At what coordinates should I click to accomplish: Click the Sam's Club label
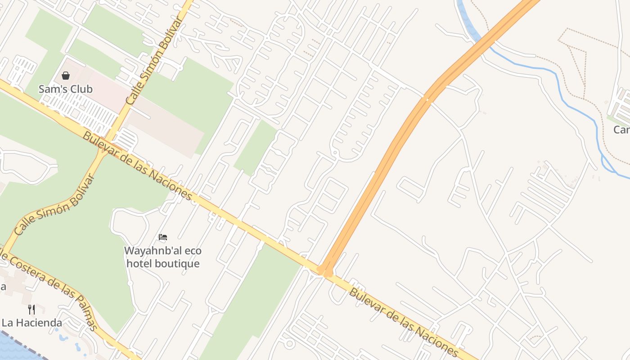coord(66,89)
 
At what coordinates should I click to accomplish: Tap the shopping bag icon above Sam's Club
coord(66,76)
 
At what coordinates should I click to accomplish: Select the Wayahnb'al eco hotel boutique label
coord(162,257)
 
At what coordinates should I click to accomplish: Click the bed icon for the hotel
coord(163,237)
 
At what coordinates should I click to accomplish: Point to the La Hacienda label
coord(31,323)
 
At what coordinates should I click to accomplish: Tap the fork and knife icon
coord(31,310)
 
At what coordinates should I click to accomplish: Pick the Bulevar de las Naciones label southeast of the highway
coord(404,322)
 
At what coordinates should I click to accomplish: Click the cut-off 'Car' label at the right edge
coord(622,130)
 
